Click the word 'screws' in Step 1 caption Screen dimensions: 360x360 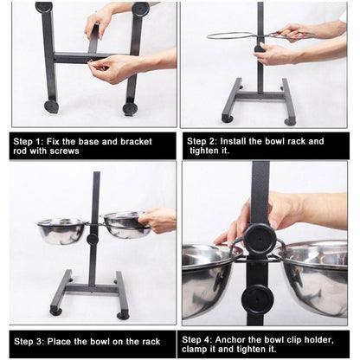coord(64,151)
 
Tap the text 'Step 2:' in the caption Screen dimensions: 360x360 coord(202,141)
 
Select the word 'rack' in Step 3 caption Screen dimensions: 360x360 coord(151,342)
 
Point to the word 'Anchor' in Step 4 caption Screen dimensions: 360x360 coord(229,339)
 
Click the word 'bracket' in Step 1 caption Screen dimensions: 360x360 coord(136,142)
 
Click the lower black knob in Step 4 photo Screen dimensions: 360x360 coord(257,299)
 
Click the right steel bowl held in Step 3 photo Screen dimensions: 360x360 coord(125,224)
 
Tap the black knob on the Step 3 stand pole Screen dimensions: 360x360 coord(93,239)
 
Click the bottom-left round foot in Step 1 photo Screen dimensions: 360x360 coord(52,106)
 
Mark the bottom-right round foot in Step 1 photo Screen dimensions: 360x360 coord(130,109)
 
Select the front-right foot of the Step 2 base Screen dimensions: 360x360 coord(290,122)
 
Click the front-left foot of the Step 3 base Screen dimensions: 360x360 coord(56,312)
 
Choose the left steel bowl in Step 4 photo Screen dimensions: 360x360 coord(207,279)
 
